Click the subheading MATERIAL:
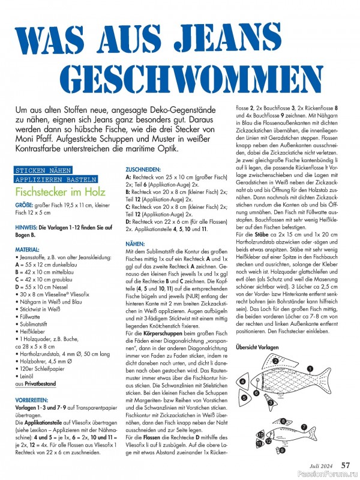pyautogui.click(x=28, y=248)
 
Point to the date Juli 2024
pyautogui.click(x=320, y=464)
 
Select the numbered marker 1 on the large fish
pyautogui.click(x=310, y=368)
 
